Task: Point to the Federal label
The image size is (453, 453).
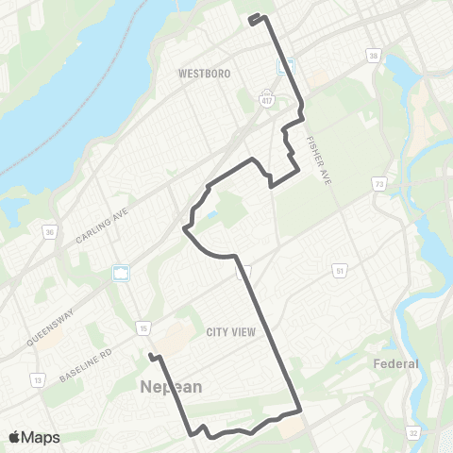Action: [395, 363]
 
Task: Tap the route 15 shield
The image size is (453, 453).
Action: [143, 327]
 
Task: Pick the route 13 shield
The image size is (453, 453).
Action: [39, 379]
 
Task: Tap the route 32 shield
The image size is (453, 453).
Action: [412, 432]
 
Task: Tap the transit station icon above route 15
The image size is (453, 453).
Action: [121, 274]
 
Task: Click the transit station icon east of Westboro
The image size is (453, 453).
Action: [287, 67]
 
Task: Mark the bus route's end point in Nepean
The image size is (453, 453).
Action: [151, 356]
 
